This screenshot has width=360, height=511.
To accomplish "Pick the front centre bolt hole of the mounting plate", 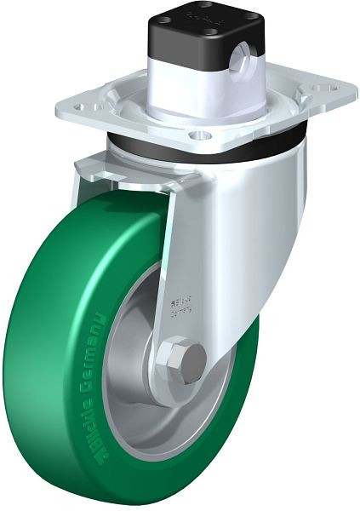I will point(198,134).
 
